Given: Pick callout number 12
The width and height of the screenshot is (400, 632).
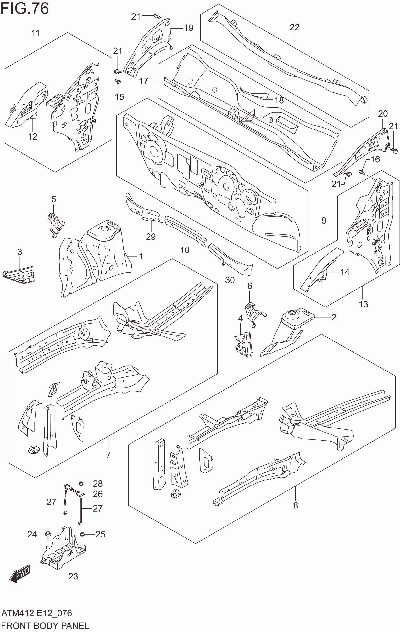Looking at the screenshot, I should (33, 136).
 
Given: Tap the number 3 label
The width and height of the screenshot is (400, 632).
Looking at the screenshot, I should (20, 252).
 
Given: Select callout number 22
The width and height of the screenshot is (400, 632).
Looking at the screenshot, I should (294, 27).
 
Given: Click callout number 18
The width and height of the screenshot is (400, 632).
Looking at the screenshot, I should (279, 100).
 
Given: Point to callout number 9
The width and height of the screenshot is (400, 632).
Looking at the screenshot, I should (324, 221).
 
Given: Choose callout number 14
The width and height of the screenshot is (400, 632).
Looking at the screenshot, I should (345, 272).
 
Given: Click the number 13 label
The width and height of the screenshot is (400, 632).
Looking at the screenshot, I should (363, 304).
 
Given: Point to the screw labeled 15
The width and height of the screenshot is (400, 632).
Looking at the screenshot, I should (118, 82).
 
